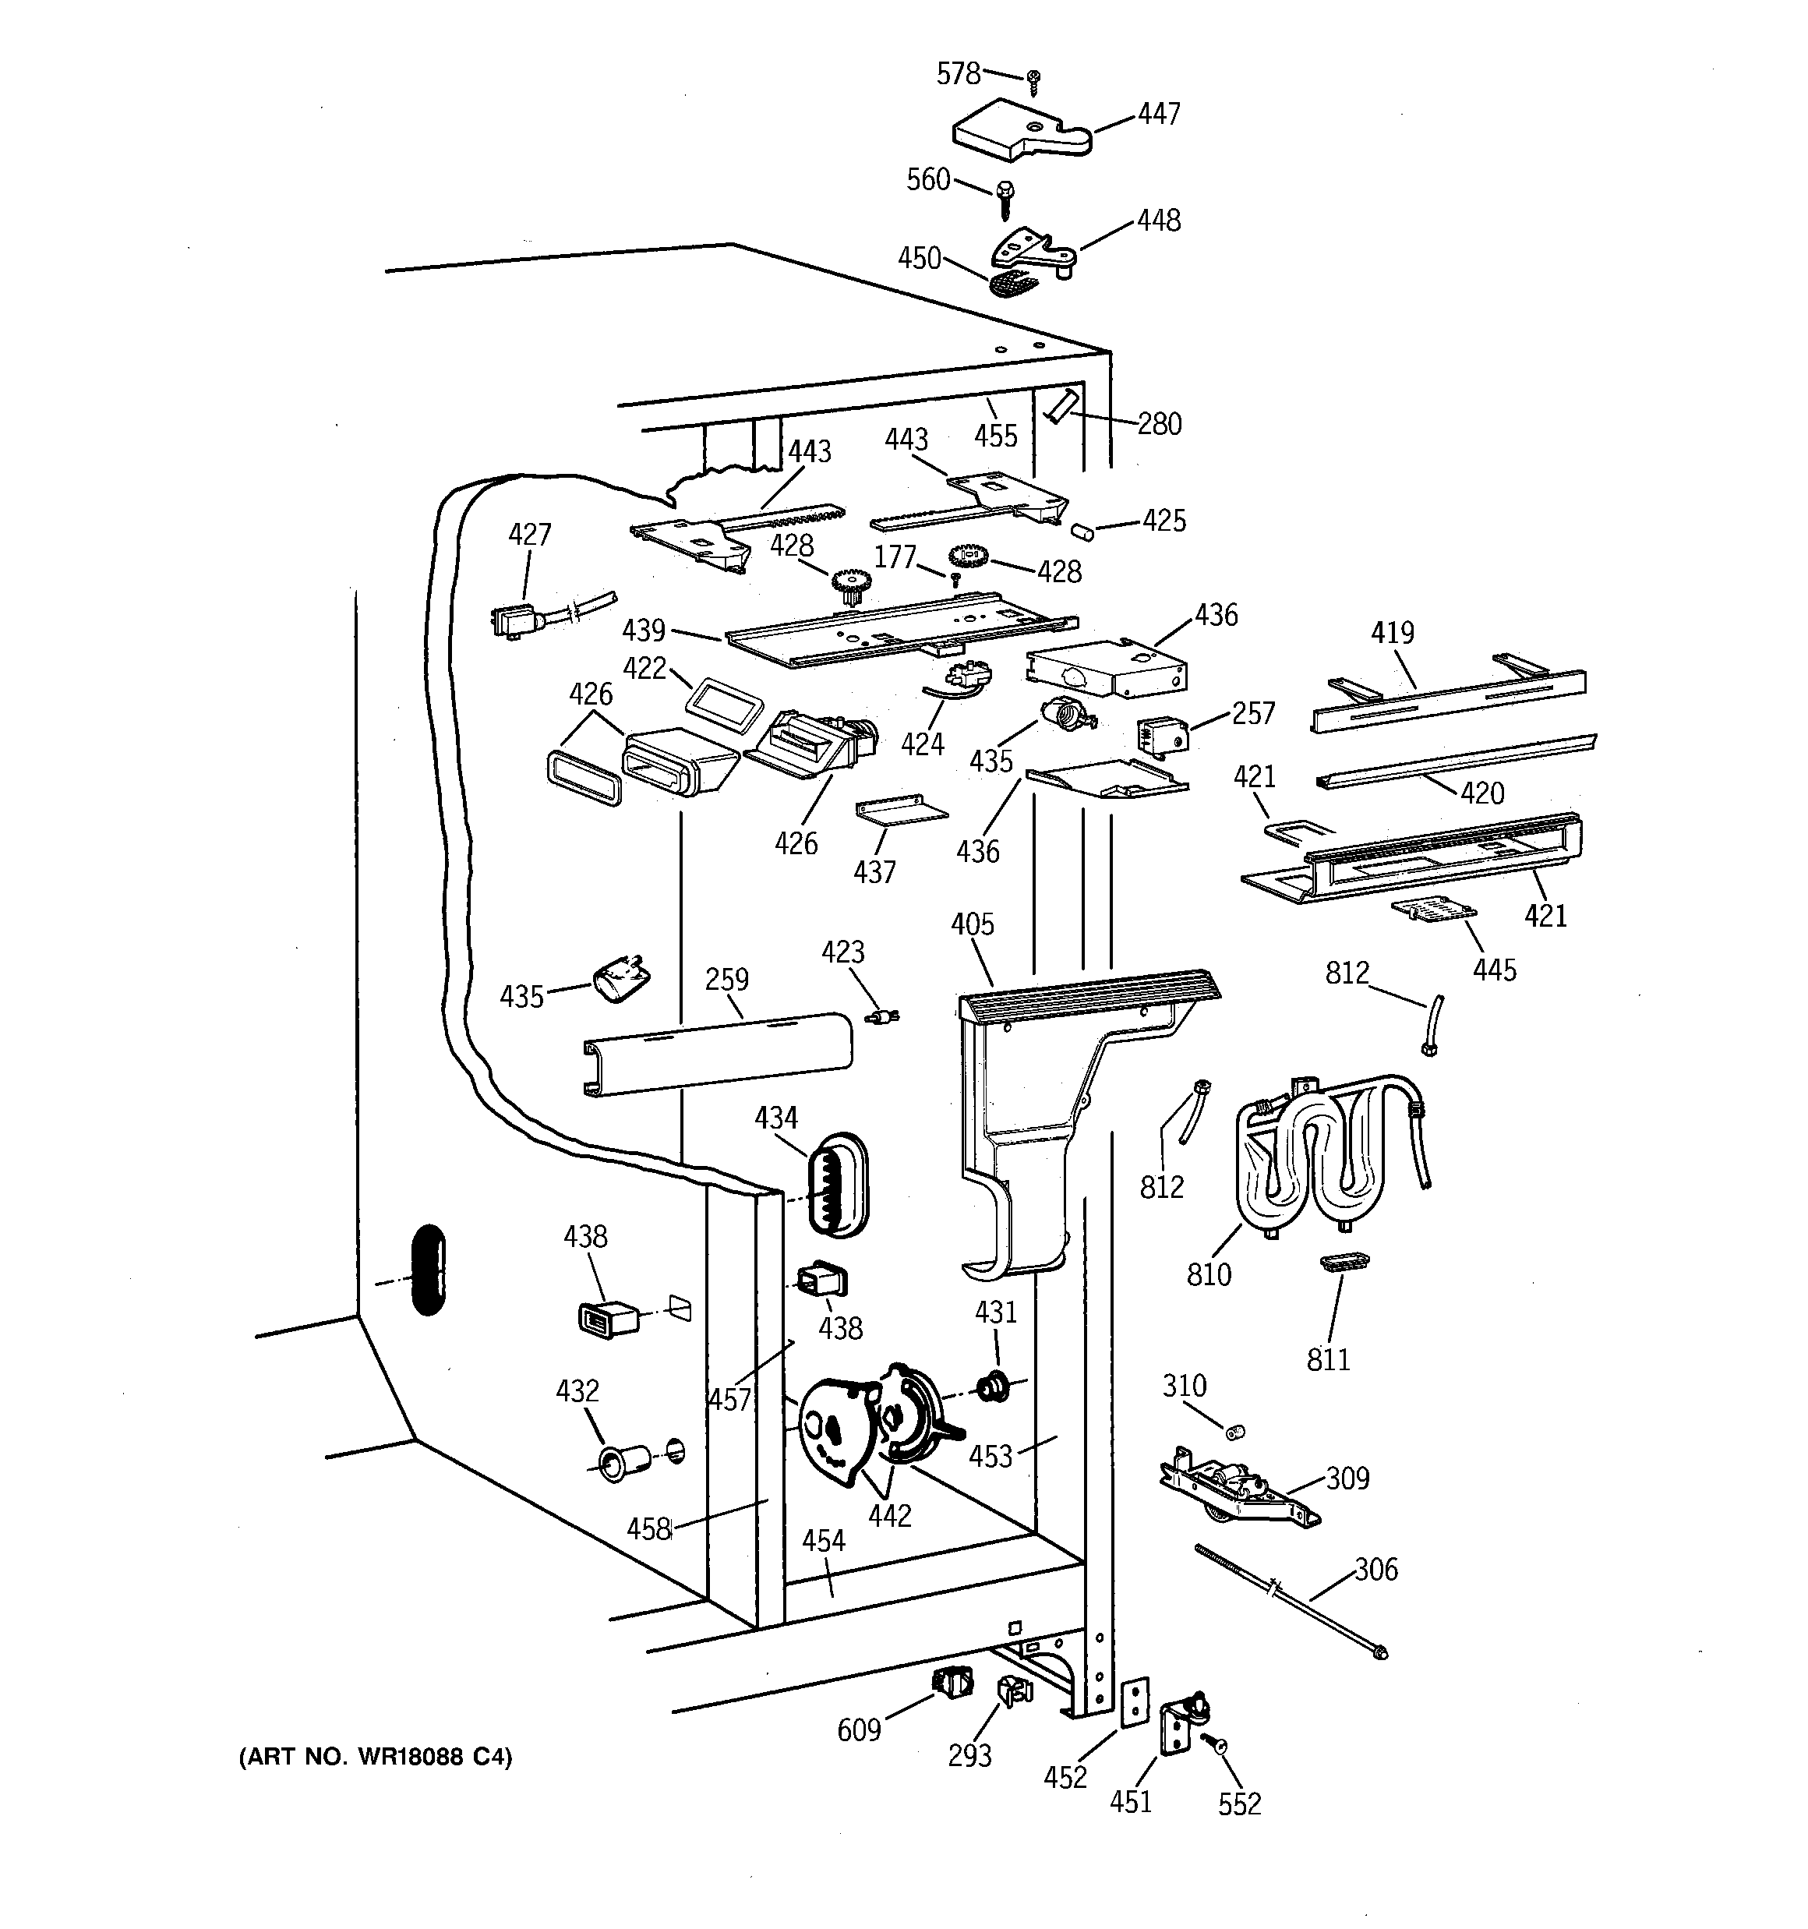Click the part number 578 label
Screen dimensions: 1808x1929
pos(958,74)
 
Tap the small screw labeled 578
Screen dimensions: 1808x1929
pos(1034,82)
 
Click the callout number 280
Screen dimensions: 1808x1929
pos(1160,424)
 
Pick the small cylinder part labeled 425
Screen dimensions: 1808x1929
pos(1082,531)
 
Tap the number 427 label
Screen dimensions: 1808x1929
pos(530,535)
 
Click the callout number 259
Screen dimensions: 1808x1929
pos(727,979)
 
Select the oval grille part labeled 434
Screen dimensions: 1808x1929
pos(835,1184)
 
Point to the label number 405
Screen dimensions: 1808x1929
pos(973,924)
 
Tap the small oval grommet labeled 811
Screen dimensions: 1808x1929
pos(1345,1261)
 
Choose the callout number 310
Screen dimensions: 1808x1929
pos(1185,1386)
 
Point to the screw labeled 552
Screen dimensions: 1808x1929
pos(1215,1744)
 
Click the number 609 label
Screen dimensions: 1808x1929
pos(859,1729)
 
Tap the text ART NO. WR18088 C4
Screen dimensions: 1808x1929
pos(376,1756)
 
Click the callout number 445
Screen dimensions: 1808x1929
pos(1495,970)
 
